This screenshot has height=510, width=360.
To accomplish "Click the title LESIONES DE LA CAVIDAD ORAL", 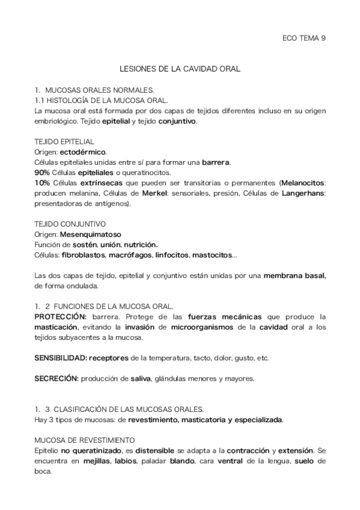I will tap(180, 69).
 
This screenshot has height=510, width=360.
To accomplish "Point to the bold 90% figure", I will tap(42, 173).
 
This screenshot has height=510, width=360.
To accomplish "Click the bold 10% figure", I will tap(42, 183).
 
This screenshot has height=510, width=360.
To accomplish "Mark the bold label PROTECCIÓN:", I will tap(61, 317).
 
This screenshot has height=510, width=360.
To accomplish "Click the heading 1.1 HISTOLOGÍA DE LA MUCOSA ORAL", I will tap(102, 100).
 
